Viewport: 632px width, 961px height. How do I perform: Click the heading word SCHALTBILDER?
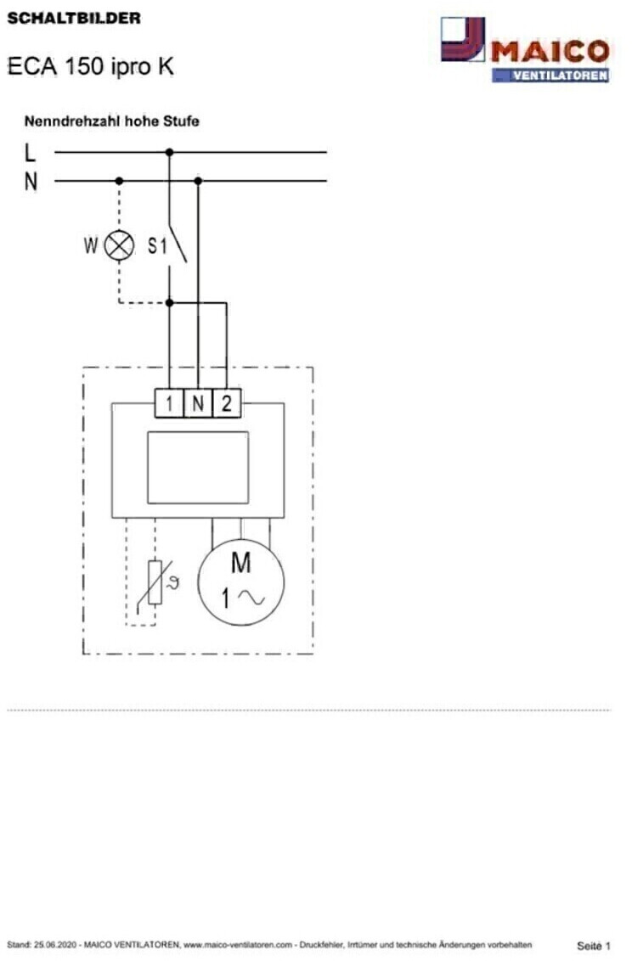(x=74, y=18)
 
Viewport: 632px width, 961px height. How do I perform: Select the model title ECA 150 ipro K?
(x=90, y=66)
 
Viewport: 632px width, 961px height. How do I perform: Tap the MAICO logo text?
(x=550, y=52)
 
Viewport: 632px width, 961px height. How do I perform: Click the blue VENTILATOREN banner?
(x=550, y=76)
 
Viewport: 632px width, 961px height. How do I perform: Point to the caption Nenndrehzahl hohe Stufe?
(x=111, y=121)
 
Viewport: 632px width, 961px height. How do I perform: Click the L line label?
(x=30, y=153)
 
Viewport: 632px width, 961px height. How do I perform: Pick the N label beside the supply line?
(x=31, y=182)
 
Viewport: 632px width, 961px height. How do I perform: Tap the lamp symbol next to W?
(x=119, y=245)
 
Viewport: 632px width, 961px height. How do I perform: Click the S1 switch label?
(x=157, y=245)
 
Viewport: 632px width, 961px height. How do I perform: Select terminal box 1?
(x=169, y=403)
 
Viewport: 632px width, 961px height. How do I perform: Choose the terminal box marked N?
(x=198, y=403)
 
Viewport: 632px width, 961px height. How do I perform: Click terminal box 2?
(x=227, y=403)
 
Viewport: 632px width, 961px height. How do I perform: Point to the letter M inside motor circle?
(x=241, y=563)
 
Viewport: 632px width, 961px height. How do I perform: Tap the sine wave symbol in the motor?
(x=251, y=597)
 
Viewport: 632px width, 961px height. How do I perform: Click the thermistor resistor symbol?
(x=155, y=582)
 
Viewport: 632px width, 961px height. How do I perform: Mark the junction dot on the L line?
(x=169, y=152)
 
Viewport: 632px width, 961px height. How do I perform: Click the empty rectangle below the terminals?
(x=198, y=468)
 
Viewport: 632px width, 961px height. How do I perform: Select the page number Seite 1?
(x=594, y=946)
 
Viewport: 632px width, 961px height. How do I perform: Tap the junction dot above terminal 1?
(x=169, y=303)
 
